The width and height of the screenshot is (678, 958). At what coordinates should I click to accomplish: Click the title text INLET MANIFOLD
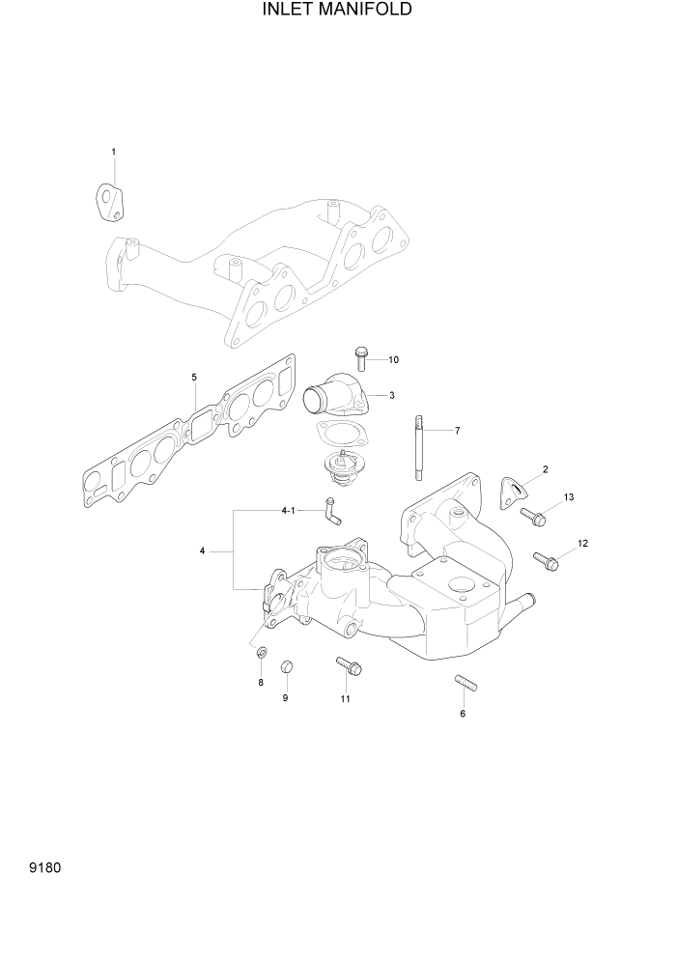click(337, 11)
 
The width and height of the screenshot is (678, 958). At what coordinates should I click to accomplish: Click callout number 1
click(114, 152)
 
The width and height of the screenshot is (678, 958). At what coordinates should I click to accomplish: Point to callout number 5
click(194, 377)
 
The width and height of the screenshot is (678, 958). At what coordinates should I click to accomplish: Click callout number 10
click(393, 360)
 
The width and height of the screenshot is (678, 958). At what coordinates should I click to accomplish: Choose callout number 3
click(391, 395)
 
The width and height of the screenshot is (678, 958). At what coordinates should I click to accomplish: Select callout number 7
click(457, 430)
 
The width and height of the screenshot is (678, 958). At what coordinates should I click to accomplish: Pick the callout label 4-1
click(287, 509)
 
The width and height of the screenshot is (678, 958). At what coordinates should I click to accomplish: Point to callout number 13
click(569, 497)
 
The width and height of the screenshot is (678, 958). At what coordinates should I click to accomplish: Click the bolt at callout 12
click(546, 558)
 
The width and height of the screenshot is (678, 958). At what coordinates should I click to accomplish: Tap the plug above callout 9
click(285, 667)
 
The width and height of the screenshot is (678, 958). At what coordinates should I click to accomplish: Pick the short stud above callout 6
click(462, 685)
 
